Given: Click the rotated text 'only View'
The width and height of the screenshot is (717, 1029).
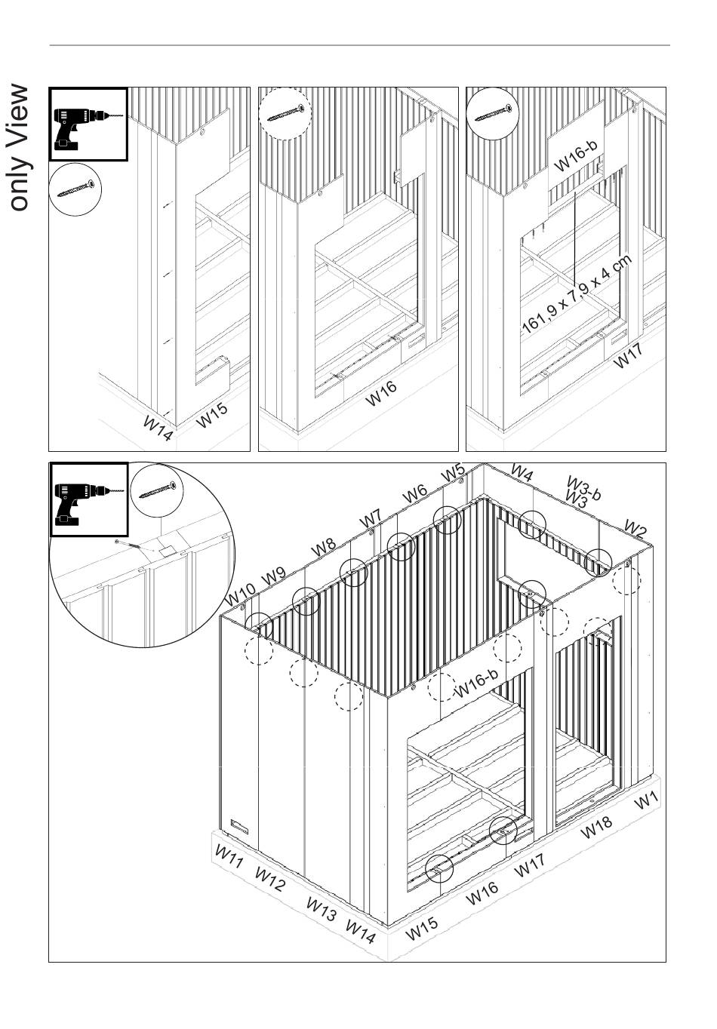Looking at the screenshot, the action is pyautogui.click(x=20, y=148).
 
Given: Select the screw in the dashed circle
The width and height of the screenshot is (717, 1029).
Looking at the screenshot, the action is pyautogui.click(x=285, y=113).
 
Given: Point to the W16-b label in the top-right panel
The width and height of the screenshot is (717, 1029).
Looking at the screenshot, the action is pyautogui.click(x=577, y=155).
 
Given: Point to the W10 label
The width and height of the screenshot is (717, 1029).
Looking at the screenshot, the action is pyautogui.click(x=240, y=594).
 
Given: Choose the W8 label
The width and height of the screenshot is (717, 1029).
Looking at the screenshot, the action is pyautogui.click(x=324, y=547).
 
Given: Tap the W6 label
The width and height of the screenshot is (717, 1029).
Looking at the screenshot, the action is pyautogui.click(x=414, y=494).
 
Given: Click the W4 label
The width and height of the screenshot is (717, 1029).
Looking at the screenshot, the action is pyautogui.click(x=522, y=473).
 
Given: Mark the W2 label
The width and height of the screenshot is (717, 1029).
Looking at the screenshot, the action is pyautogui.click(x=635, y=529).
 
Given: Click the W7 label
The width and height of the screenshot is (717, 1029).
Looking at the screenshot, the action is pyautogui.click(x=371, y=519).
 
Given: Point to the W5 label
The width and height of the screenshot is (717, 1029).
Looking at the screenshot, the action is pyautogui.click(x=453, y=473).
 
